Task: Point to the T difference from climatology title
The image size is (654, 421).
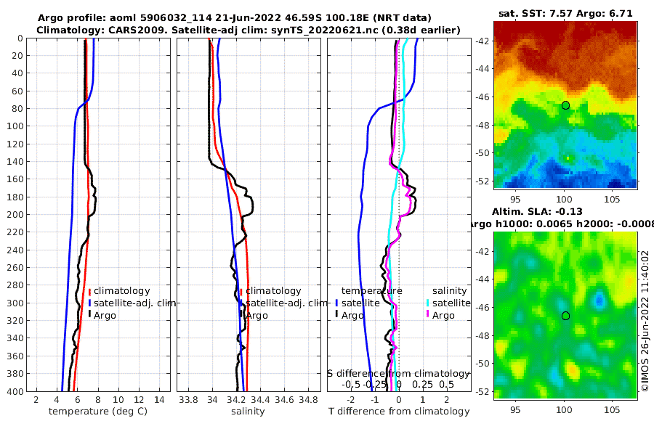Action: (399, 412)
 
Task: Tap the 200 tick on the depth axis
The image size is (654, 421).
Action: (15, 215)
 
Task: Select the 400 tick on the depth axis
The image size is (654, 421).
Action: (15, 391)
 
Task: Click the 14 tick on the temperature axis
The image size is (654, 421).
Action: (159, 398)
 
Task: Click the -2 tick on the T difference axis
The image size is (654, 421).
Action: (352, 398)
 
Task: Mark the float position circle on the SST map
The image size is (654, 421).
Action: (565, 105)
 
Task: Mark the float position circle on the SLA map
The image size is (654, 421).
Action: (565, 316)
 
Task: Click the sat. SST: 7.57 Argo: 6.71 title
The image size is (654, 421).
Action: (565, 14)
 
